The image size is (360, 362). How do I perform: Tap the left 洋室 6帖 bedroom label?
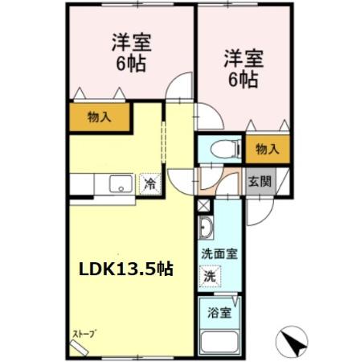click(x=128, y=53)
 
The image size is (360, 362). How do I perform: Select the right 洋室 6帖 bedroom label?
click(x=242, y=68)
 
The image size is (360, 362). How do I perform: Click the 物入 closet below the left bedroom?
click(x=99, y=117)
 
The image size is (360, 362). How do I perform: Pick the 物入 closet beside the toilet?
click(x=267, y=148)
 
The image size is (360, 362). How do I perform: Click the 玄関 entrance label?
click(x=259, y=181)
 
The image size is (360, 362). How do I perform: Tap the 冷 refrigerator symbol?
click(x=149, y=184)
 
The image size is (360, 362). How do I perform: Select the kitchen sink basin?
click(x=121, y=184)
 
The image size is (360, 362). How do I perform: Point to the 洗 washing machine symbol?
click(x=209, y=275)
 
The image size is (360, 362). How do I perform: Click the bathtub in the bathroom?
click(x=219, y=343)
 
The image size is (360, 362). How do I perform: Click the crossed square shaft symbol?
click(x=202, y=204)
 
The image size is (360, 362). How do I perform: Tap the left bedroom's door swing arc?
click(x=182, y=87)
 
